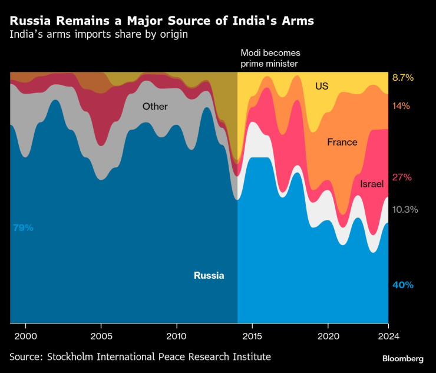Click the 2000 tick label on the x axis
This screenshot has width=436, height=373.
[x=26, y=336]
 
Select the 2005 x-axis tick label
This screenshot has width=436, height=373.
[x=101, y=336]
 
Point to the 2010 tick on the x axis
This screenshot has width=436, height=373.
[x=177, y=336]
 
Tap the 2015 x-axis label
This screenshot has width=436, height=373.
[x=252, y=336]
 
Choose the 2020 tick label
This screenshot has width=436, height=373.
[x=328, y=336]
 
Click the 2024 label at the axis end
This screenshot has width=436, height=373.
[x=388, y=336]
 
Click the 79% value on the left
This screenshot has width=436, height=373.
[x=23, y=227]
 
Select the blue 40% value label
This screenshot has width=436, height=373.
[x=403, y=285]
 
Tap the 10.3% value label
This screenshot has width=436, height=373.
[x=405, y=209]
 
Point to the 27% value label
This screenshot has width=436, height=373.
[x=402, y=177]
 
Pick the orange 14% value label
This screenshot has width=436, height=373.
[x=401, y=106]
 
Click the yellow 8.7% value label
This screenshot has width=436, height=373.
[x=403, y=78]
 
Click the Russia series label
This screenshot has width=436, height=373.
[x=209, y=275]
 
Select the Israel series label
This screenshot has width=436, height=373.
[x=372, y=184]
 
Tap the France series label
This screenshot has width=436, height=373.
[x=342, y=142]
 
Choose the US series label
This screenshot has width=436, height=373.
[x=322, y=86]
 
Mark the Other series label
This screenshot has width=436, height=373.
[x=155, y=107]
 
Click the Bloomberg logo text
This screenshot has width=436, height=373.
[x=403, y=358]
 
